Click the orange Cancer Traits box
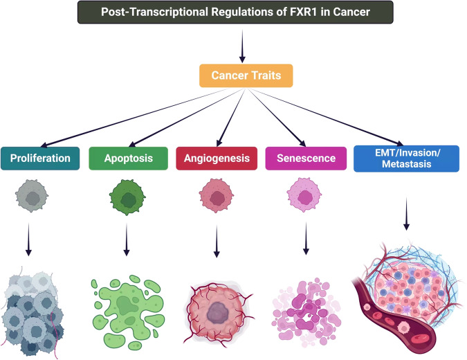pos(246,75)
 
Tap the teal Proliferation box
pos(40,159)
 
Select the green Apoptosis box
pos(129,159)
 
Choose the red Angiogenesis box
pos(217,159)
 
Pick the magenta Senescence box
pos(306,159)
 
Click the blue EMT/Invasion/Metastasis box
pos(406,159)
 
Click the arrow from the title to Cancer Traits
pos(242,46)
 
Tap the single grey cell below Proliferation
pos(32,196)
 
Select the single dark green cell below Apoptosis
pos(127,197)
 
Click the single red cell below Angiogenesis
pos(217,195)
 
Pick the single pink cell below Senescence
pos(304,195)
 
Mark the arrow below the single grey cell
pos(28,240)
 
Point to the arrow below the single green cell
pos(127,240)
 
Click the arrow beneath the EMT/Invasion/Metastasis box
pos(406,214)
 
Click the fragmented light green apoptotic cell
pos(129,312)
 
